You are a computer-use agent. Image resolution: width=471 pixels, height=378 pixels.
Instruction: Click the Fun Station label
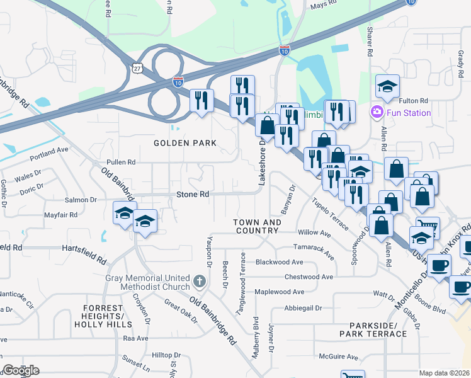click(x=409, y=113)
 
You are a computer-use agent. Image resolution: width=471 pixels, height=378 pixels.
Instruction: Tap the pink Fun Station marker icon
click(x=377, y=113)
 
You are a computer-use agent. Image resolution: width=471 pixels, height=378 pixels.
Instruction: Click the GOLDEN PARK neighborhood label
click(x=186, y=143)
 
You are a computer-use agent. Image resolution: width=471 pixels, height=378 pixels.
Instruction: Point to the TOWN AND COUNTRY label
click(x=257, y=227)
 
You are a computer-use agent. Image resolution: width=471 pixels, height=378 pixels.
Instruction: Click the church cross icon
click(x=200, y=281)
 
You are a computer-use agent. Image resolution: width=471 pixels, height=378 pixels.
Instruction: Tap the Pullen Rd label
click(x=122, y=162)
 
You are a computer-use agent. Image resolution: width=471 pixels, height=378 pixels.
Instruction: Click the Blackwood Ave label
click(x=279, y=262)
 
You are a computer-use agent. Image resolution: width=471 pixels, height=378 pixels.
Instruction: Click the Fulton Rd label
click(x=414, y=101)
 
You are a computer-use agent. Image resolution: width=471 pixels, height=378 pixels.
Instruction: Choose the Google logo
click(x=21, y=370)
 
